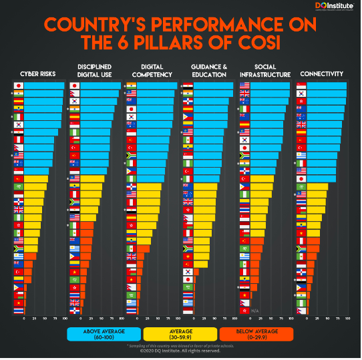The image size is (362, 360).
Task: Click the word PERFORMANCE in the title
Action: pos(214,25)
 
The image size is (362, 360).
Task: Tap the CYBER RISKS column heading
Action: pos(38,73)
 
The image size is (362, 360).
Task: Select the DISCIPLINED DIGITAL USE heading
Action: pos(94,70)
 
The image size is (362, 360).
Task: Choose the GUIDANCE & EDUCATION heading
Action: pos(208,70)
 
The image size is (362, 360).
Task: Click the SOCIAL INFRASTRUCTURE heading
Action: pos(265,70)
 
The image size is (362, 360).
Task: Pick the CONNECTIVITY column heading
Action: pos(322,73)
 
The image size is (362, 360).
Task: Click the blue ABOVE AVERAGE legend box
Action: pos(104,334)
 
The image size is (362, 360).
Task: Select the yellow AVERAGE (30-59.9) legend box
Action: pos(180,334)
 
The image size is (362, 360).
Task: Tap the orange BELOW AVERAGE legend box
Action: pos(256,334)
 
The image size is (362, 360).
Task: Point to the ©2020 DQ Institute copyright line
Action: pos(180,351)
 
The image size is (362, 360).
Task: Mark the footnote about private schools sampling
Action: pos(180,346)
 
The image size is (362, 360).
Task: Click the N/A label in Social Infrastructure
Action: pos(255,311)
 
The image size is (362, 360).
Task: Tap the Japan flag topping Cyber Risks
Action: pos(19,86)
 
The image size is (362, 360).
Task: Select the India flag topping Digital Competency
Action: pos(132,86)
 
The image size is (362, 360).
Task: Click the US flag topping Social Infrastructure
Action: pos(244,86)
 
